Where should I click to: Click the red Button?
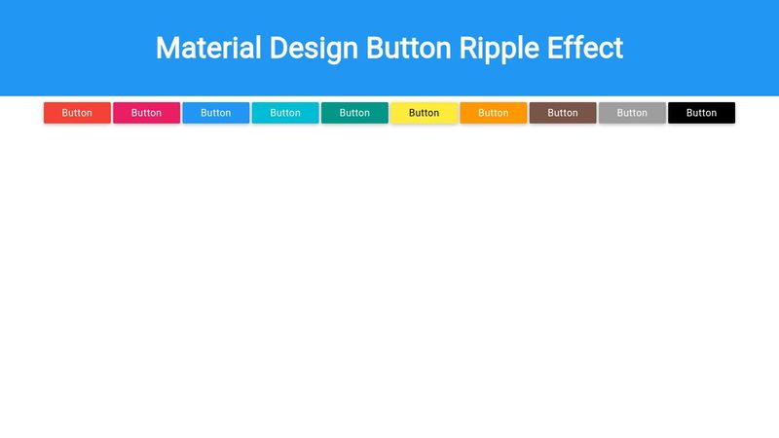[77, 113]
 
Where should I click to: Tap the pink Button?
[147, 113]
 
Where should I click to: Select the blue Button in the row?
[215, 113]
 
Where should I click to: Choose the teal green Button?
[354, 113]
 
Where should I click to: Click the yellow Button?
[424, 113]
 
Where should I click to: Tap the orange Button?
[494, 113]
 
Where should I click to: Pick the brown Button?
[563, 113]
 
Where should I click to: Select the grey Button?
[632, 113]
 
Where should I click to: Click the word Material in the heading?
[208, 48]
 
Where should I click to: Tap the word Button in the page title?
[408, 48]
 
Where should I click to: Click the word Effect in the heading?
[585, 48]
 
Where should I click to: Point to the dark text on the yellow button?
[424, 113]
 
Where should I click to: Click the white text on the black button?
[701, 113]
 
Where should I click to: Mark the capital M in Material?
[167, 48]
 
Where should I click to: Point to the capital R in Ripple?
[468, 48]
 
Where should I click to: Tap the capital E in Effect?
[555, 48]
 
